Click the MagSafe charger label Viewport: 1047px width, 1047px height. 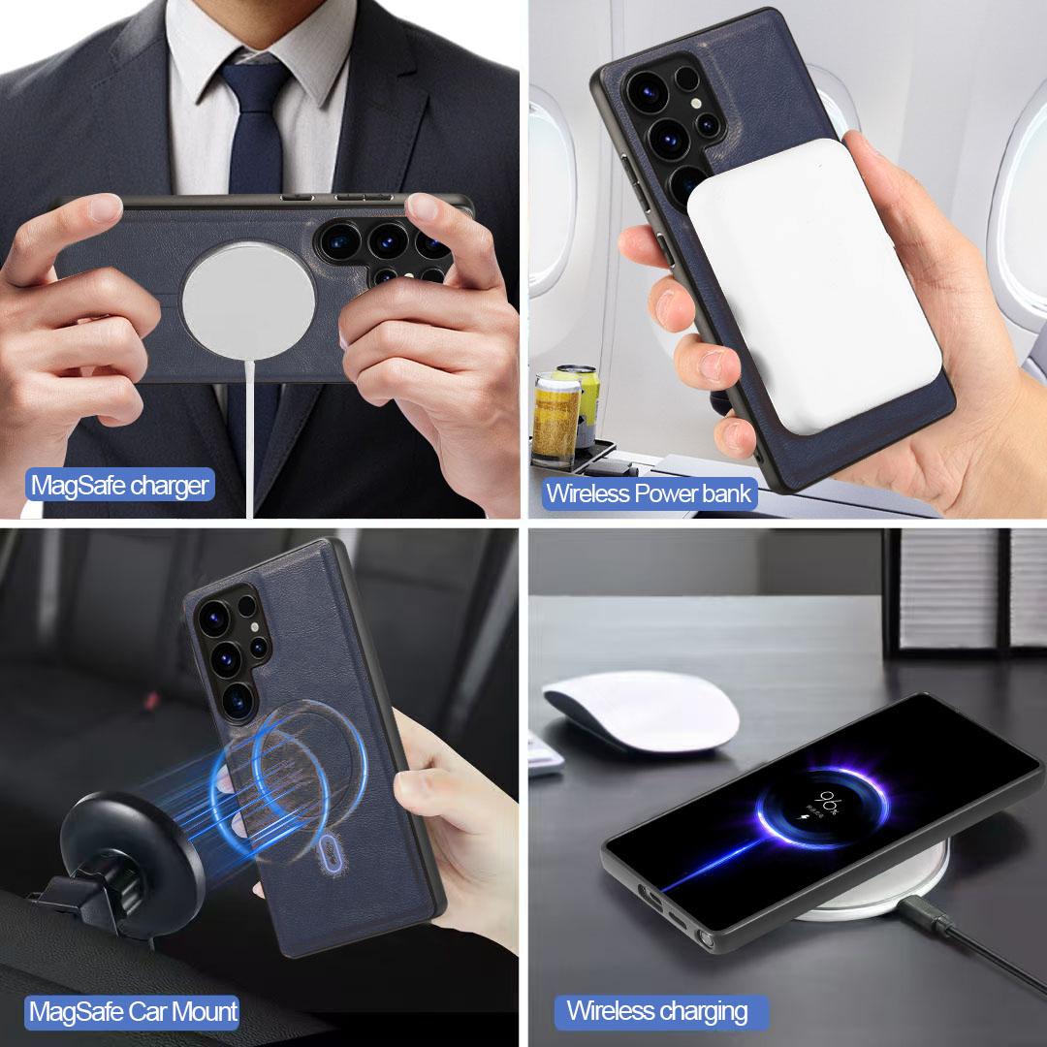coord(120,486)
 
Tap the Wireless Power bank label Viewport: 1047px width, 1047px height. coord(649,494)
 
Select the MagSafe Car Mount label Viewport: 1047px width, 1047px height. coord(133,1011)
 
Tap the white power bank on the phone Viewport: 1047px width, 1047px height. coord(813,285)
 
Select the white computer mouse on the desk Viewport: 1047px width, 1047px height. coord(641,711)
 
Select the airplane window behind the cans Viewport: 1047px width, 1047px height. coord(551,194)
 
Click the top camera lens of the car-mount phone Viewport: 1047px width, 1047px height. coord(213,619)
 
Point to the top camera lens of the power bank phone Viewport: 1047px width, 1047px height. coord(647,89)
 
